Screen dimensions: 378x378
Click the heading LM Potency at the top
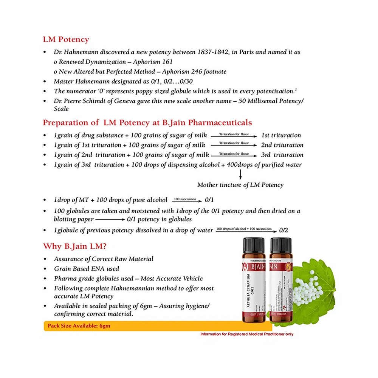pyautogui.click(x=66, y=40)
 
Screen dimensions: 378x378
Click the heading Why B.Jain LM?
pyautogui.click(x=74, y=246)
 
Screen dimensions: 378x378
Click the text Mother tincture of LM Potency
pyautogui.click(x=240, y=185)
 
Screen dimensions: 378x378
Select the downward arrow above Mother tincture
pyautogui.click(x=240, y=175)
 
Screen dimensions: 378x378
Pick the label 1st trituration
pyautogui.click(x=281, y=135)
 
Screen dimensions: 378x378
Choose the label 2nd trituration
pyautogui.click(x=282, y=145)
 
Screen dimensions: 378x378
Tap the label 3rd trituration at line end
pyautogui.click(x=282, y=155)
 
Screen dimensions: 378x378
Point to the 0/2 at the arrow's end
pyautogui.click(x=283, y=230)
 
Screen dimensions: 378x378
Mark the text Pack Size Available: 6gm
pyautogui.click(x=79, y=325)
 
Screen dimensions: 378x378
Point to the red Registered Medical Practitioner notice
pyautogui.click(x=246, y=334)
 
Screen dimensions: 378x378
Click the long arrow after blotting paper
pyautogui.click(x=110, y=219)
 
